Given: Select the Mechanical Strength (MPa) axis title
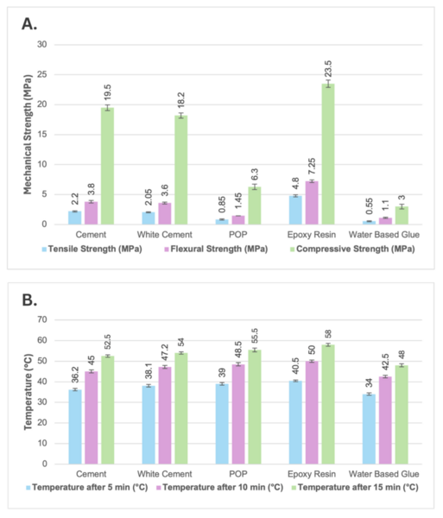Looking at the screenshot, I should [27, 134].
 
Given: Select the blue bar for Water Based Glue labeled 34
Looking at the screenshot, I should [369, 433].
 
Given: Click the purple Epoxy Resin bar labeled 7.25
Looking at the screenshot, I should [312, 203].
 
